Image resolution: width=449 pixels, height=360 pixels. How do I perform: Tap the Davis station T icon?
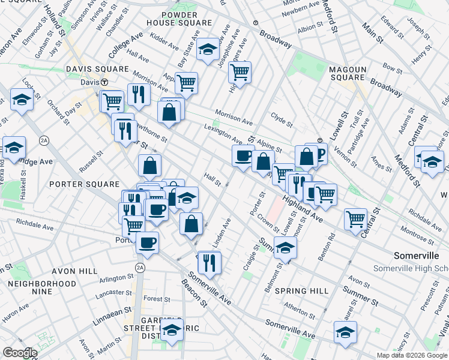click(x=104, y=82)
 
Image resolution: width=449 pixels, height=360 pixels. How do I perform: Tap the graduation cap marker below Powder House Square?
click(x=208, y=50)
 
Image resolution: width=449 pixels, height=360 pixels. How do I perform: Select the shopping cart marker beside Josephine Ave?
click(x=240, y=73)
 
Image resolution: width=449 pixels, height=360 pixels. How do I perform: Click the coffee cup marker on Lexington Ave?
click(x=243, y=157)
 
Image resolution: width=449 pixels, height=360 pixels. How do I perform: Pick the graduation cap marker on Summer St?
click(x=286, y=247)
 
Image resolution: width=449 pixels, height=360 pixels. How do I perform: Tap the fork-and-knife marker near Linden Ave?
click(x=209, y=262)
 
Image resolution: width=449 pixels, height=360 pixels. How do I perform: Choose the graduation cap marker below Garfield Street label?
click(x=172, y=331)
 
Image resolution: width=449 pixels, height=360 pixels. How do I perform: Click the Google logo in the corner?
click(x=20, y=353)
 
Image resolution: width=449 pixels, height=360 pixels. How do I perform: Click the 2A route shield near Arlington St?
click(x=140, y=267)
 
